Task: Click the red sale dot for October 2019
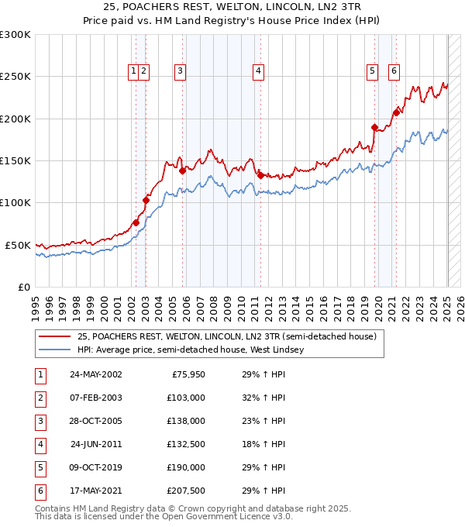pyautogui.click(x=374, y=127)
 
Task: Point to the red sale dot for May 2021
pyautogui.click(x=396, y=112)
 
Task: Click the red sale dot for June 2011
pyautogui.click(x=260, y=175)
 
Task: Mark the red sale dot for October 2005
pyautogui.click(x=183, y=170)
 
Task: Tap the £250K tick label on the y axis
pyautogui.click(x=15, y=77)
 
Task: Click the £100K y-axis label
pyautogui.click(x=15, y=202)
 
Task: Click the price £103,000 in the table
pyautogui.click(x=186, y=398)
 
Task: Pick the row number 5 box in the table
pyautogui.click(x=39, y=467)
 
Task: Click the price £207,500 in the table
pyautogui.click(x=186, y=491)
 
